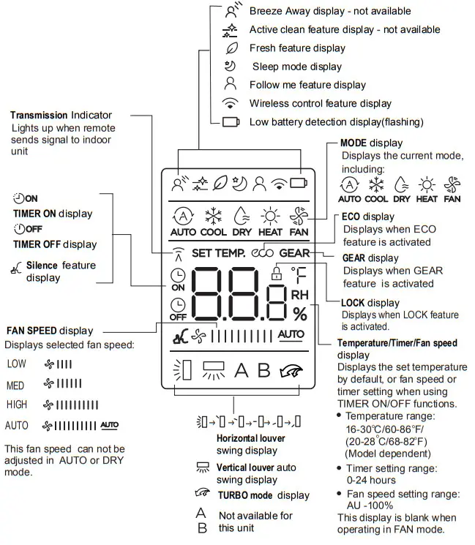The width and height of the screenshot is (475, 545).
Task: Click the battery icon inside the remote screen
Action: (x=298, y=184)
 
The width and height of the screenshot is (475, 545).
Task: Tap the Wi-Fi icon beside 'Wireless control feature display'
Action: (x=231, y=103)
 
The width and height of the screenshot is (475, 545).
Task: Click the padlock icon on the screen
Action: (x=276, y=274)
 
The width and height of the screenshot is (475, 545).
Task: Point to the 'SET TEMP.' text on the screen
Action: (x=219, y=254)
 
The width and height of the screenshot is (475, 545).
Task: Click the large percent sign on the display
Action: (x=300, y=314)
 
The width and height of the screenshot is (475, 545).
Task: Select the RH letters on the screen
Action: (x=300, y=295)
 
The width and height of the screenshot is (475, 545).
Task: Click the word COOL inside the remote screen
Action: (x=214, y=232)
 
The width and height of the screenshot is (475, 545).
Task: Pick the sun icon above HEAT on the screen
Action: (x=271, y=216)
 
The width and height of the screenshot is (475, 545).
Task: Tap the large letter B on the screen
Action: (x=263, y=370)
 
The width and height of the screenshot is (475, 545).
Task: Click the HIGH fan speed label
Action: (x=17, y=405)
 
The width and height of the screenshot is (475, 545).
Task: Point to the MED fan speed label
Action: (x=15, y=384)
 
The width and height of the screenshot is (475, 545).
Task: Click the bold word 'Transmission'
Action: (x=39, y=116)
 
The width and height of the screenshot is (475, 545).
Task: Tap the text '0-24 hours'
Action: (x=371, y=480)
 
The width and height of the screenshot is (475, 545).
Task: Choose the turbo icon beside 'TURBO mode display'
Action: (x=204, y=494)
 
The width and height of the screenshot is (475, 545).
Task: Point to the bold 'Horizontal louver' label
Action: (x=250, y=438)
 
